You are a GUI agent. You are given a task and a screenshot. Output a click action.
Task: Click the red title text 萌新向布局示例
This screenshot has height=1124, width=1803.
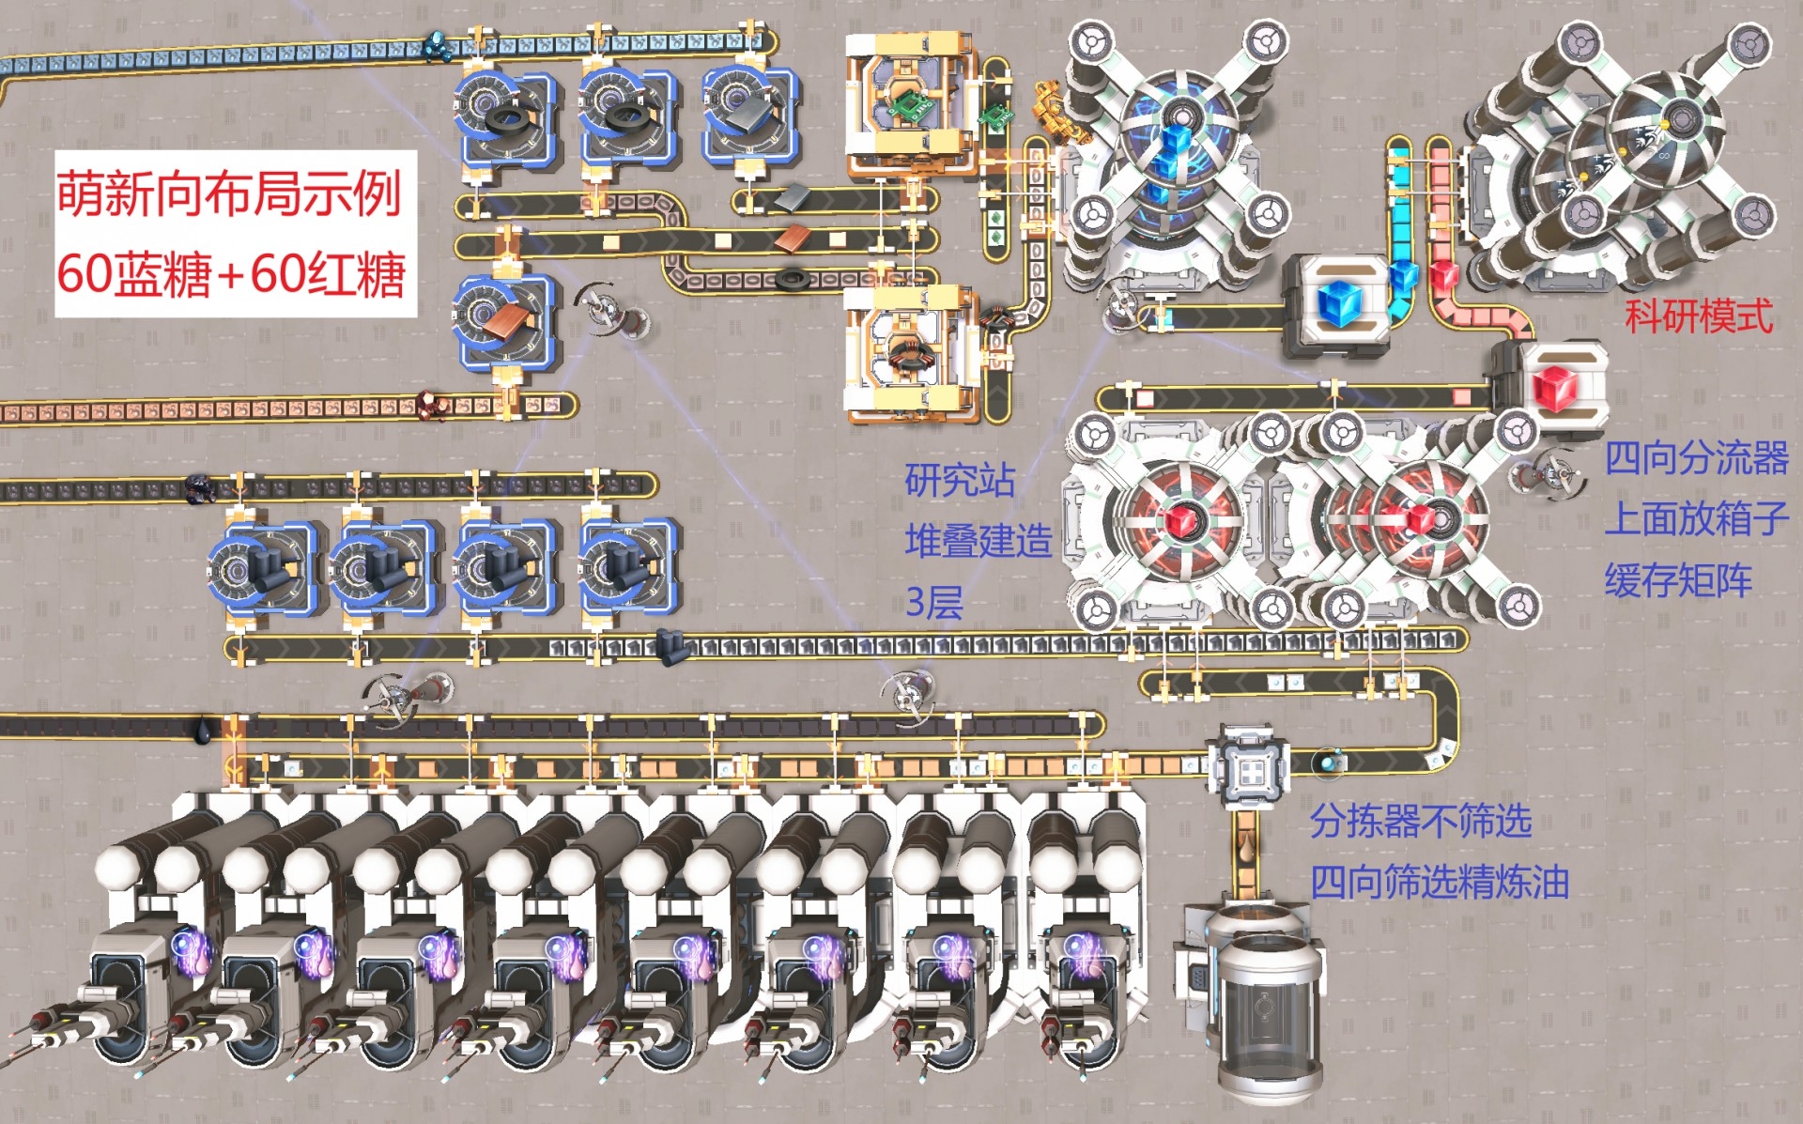[x=229, y=193]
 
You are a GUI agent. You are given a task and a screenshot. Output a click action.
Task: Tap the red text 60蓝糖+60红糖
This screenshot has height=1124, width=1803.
[x=231, y=273]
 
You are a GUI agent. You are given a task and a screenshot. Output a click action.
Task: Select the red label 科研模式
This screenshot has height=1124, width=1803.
[x=1698, y=316]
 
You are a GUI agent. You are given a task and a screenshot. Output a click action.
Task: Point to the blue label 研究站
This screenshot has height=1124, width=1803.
[x=960, y=480]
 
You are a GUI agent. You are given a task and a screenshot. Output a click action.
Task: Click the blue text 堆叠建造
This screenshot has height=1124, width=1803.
[x=978, y=541]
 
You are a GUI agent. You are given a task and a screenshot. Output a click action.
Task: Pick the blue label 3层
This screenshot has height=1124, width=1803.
[x=934, y=602]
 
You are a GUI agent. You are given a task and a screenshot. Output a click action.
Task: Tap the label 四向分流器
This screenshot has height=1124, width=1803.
[x=1696, y=459]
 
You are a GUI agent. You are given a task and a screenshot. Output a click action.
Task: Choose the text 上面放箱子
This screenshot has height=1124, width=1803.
[x=1696, y=519]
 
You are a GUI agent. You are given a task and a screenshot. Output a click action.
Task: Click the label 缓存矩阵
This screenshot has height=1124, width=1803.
[x=1677, y=580]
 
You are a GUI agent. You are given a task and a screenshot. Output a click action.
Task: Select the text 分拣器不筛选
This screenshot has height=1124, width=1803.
[x=1421, y=821]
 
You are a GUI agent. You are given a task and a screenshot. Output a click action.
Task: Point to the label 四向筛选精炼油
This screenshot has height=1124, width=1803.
[x=1440, y=882]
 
